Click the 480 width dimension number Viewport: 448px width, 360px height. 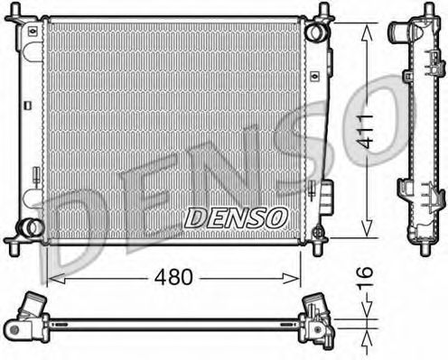(172, 278)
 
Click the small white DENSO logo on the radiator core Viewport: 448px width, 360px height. (236, 217)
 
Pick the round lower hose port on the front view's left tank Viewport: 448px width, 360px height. (33, 225)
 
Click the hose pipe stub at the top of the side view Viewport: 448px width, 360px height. (397, 33)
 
